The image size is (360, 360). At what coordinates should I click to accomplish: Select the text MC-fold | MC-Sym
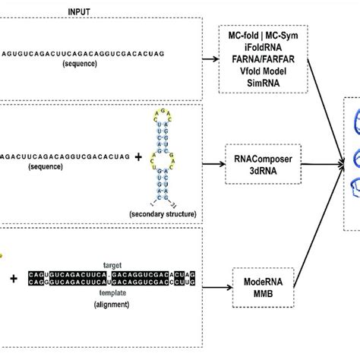tap(264, 35)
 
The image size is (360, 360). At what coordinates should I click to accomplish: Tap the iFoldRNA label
tap(264, 46)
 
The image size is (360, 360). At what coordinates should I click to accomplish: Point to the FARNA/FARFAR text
tap(264, 58)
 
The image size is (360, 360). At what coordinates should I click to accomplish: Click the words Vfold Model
tap(264, 69)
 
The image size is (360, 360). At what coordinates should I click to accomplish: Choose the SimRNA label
tap(264, 81)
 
